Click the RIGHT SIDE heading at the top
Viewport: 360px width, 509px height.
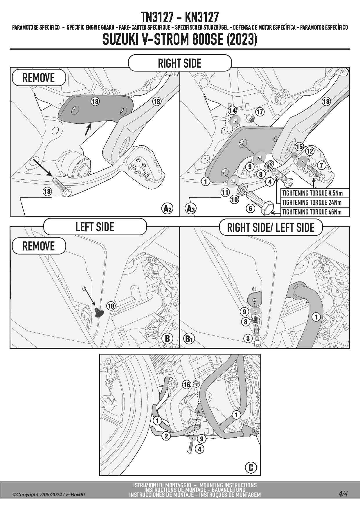tap(180, 63)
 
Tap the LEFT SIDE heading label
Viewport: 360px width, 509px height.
tap(95, 227)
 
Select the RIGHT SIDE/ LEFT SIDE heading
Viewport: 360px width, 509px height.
tap(271, 228)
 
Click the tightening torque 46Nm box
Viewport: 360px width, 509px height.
tap(312, 212)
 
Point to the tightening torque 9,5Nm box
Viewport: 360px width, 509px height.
tap(312, 193)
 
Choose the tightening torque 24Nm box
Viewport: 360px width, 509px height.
tap(312, 203)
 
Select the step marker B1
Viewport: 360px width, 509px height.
tap(189, 339)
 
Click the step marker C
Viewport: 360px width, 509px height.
tap(251, 468)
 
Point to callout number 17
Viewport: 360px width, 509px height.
tap(260, 112)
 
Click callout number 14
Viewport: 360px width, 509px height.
tap(232, 110)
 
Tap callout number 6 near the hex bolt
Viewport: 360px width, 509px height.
tap(251, 208)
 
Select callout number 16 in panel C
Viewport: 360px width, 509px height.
tap(187, 385)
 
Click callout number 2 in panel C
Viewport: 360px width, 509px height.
tap(166, 436)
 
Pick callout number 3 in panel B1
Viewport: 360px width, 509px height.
tap(248, 338)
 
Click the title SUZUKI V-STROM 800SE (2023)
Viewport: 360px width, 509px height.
tap(180, 39)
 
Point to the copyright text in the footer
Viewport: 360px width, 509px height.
tap(48, 494)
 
